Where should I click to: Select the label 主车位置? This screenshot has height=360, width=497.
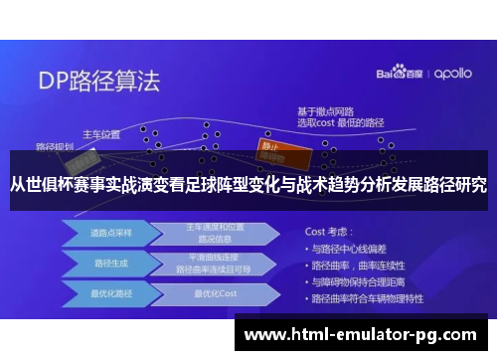pos(101,134)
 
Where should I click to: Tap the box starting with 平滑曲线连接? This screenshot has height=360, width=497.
pos(210,265)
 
